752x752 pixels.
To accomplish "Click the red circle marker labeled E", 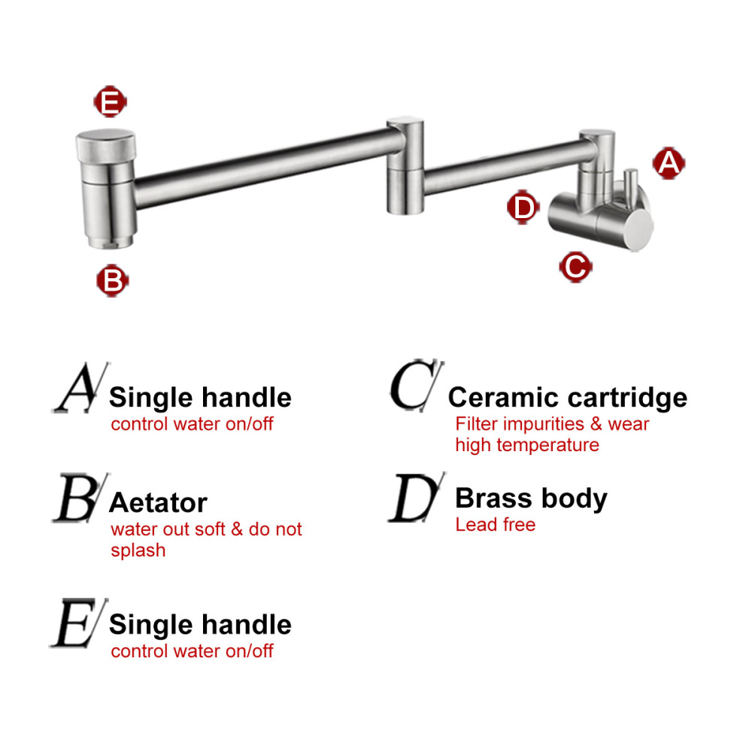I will pos(110,102).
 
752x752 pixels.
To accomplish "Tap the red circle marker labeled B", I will pos(112,280).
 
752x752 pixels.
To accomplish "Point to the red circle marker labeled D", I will pos(523,207).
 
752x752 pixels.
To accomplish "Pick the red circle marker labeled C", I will pos(575,265).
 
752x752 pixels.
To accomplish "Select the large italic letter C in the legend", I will pos(413,387).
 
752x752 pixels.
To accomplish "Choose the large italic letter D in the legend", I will pos(414,499).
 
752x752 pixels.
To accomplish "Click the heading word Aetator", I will pos(158,502).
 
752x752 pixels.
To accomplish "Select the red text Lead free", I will pos(495,524).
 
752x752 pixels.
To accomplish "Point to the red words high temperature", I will pos(526,444).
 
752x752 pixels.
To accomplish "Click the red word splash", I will pos(138,550).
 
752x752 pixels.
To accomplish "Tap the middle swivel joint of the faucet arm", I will pos(405,165).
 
